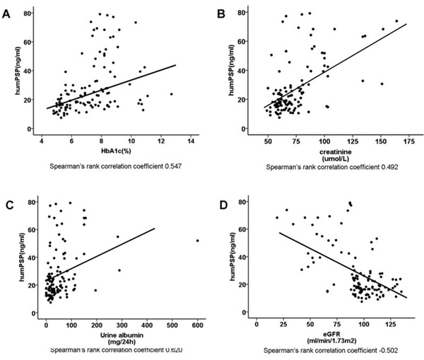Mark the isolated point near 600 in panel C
(x=197, y=240)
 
